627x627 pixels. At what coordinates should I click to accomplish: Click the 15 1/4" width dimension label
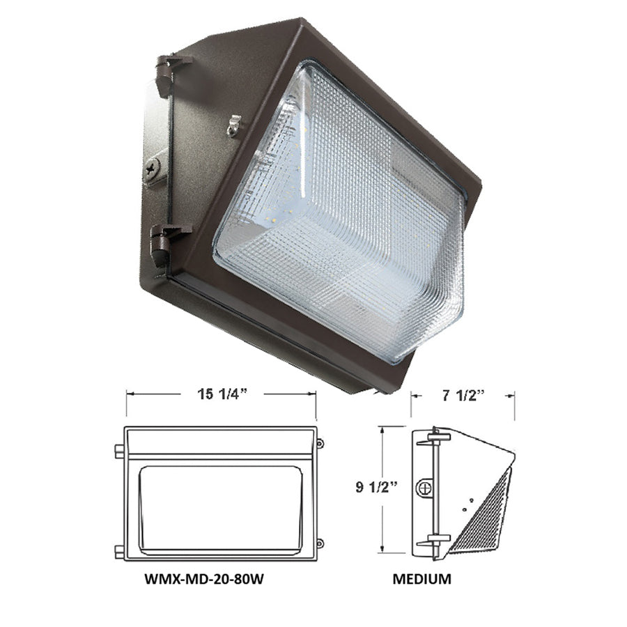[x=220, y=394]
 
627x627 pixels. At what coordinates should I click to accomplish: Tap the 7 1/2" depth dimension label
[x=462, y=394]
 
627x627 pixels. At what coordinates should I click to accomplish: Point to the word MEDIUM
[x=421, y=578]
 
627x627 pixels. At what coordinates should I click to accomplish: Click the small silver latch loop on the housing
[x=234, y=125]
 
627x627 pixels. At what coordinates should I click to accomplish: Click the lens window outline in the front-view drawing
[x=219, y=509]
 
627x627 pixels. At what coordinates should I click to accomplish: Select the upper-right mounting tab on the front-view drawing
[x=320, y=443]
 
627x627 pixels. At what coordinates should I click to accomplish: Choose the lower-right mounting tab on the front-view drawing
[x=320, y=543]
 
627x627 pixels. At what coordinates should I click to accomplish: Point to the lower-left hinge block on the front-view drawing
[x=119, y=552]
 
